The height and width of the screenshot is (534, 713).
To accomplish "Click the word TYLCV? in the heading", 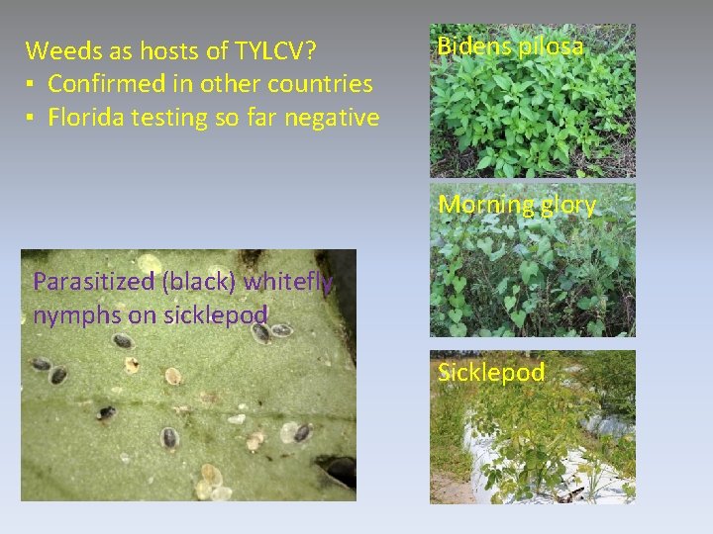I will point(272,50).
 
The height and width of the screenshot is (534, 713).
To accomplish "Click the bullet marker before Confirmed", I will point(32,85).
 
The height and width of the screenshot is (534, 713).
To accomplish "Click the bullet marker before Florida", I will point(32,119).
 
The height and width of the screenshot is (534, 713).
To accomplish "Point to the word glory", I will point(567,206).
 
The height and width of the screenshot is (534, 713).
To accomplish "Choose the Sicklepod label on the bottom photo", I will point(491,373).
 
